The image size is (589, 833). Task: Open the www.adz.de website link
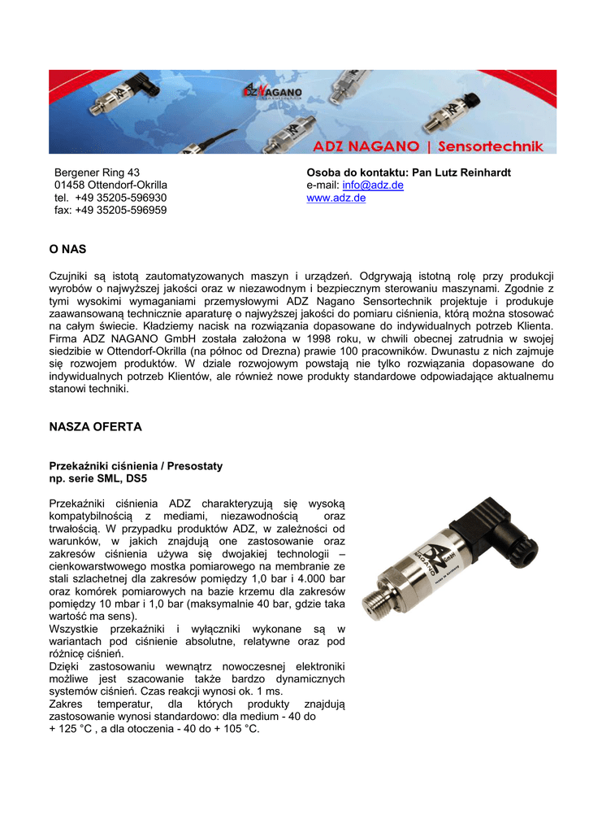tap(336, 198)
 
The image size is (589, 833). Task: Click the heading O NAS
tap(67, 248)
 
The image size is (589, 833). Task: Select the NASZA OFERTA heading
tap(95, 426)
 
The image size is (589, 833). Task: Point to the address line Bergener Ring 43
tap(97, 172)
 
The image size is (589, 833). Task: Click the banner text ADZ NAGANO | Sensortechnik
tap(428, 146)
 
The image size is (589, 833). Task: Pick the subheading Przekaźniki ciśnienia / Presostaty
tap(136, 466)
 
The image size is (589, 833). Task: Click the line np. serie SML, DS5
tap(98, 479)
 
